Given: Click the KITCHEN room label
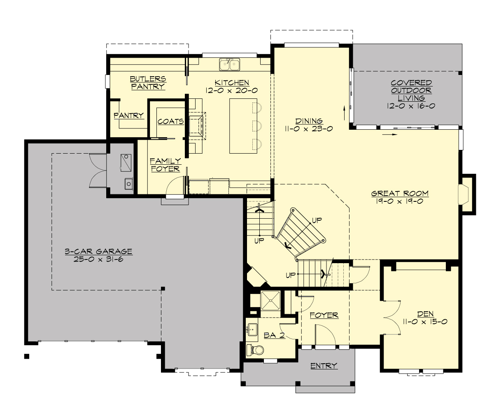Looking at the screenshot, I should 232,83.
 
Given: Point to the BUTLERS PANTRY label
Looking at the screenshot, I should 148,82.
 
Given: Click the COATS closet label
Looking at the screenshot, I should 170,121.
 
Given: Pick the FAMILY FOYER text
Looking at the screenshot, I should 165,165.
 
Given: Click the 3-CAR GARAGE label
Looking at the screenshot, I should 98,251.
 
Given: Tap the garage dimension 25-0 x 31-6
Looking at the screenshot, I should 98,259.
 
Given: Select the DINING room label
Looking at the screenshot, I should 309,121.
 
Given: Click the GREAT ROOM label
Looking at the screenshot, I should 400,193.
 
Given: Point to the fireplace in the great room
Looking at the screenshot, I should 464,194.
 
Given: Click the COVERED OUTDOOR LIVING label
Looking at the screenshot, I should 411,91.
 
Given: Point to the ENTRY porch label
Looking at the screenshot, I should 324,366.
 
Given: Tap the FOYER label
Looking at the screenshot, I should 324,315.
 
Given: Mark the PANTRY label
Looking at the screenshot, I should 129,116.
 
